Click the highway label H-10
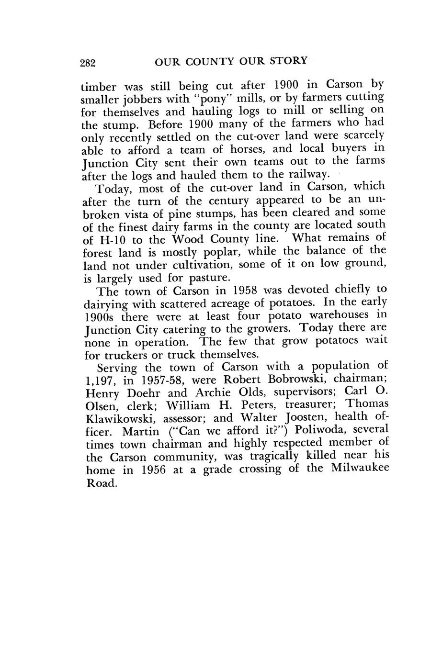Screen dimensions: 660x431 pyautogui.click(x=112, y=240)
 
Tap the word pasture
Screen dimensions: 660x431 pyautogui.click(x=206, y=278)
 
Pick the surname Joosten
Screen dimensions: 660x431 pyautogui.click(x=298, y=417)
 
